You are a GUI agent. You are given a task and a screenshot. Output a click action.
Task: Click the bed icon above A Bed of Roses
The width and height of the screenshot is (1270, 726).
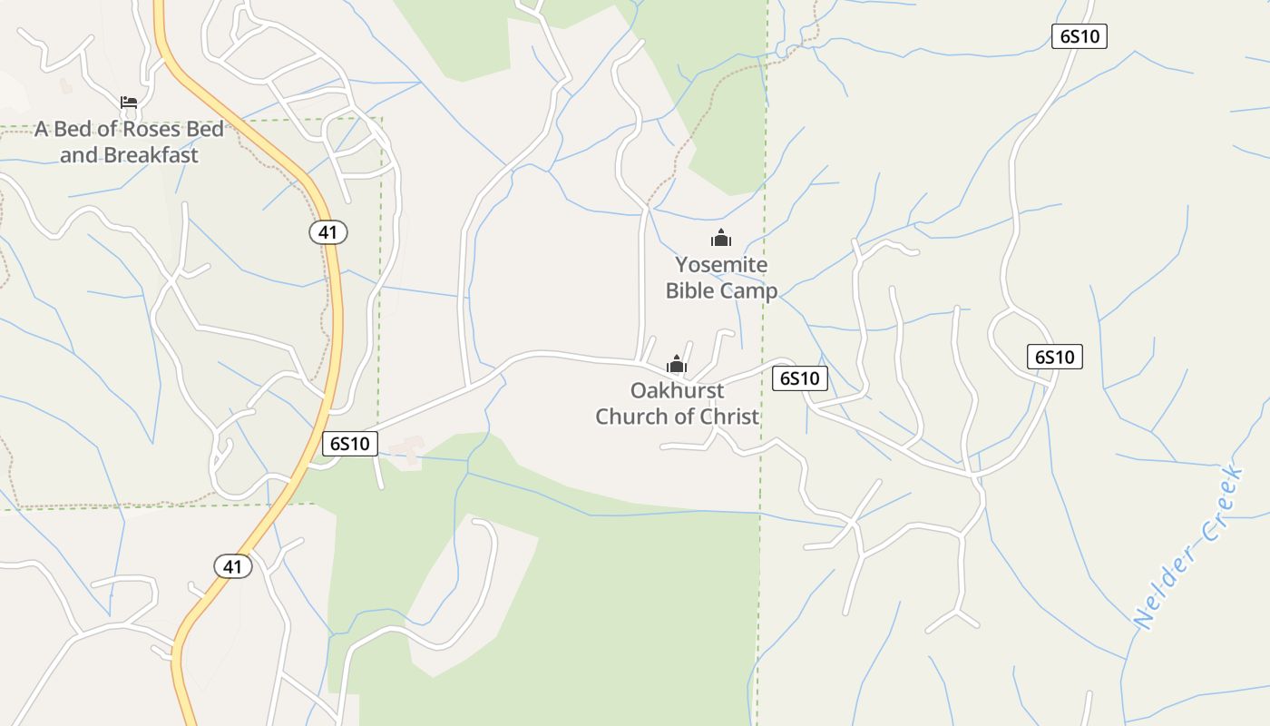pos(129,102)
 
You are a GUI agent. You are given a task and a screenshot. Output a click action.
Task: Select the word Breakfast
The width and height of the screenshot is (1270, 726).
pos(151,155)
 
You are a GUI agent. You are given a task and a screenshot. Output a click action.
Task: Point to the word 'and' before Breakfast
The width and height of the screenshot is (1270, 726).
pos(78,155)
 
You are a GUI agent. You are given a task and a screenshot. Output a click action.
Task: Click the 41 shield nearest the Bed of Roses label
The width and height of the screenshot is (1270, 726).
pos(327,232)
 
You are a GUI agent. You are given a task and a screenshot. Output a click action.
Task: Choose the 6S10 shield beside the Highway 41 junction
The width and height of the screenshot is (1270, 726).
pos(350,444)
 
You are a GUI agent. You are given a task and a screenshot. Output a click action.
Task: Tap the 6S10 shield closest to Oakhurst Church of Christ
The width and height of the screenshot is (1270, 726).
pos(800,378)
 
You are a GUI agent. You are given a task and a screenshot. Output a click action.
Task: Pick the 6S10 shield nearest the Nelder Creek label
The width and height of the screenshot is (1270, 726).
pos(1055,357)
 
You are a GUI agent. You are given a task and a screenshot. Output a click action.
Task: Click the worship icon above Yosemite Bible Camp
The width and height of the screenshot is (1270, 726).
pos(721,239)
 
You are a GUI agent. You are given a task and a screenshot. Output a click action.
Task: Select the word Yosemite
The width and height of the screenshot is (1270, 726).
pos(721,265)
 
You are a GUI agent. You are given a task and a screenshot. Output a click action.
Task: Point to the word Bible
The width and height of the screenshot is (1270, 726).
pos(691,291)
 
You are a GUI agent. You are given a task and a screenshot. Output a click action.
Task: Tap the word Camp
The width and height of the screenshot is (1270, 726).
pos(749,291)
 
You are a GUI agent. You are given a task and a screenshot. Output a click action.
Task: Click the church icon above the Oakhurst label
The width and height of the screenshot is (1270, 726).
pos(677,365)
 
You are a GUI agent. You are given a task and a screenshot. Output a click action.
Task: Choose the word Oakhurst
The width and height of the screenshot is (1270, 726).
pos(678,391)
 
